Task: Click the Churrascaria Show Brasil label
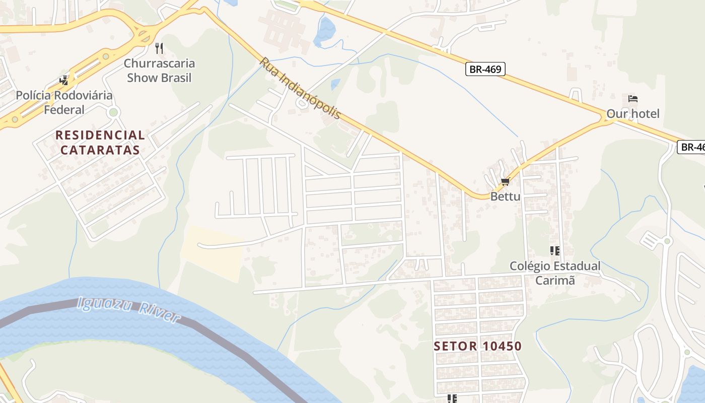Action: (x=160, y=71)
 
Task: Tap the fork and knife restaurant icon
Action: (x=159, y=48)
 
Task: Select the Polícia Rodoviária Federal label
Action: (x=64, y=102)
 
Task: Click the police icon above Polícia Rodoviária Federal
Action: (x=64, y=80)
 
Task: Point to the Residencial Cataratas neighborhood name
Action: (x=100, y=143)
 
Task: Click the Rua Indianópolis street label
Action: (x=300, y=89)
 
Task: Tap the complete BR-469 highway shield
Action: (x=485, y=69)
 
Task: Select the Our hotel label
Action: (x=632, y=114)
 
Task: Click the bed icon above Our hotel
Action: (x=633, y=98)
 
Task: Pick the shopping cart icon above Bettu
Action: (x=505, y=181)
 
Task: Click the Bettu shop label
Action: (x=505, y=196)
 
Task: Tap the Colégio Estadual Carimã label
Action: (x=555, y=273)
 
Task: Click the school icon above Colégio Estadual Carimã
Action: (x=555, y=250)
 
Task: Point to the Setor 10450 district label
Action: (x=477, y=346)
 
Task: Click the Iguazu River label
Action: (x=129, y=309)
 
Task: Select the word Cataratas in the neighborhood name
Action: (x=100, y=150)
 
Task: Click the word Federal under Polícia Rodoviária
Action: (x=64, y=110)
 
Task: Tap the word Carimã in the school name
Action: (x=555, y=281)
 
